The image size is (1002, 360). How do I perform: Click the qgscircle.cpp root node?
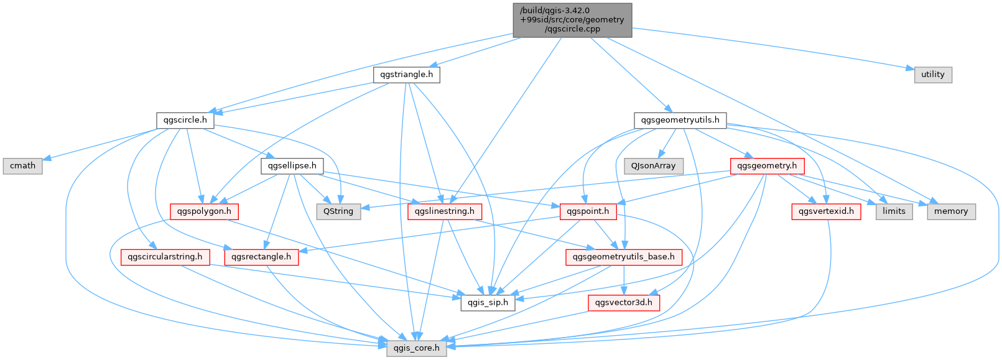pos(572,19)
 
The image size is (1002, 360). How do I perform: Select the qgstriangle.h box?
pos(407,75)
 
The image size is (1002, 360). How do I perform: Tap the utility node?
pos(932,75)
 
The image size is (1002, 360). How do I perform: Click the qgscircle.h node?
pos(185,120)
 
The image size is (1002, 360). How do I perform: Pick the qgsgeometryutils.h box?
pos(680,120)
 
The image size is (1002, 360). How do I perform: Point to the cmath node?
pos(22,166)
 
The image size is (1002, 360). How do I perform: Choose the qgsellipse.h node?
pos(292,166)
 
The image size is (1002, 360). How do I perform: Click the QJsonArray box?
pos(653,166)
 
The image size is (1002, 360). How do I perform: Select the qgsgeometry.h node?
pos(767,166)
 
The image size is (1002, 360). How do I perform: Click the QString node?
pos(338,211)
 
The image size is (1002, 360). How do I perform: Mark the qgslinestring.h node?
pos(441,211)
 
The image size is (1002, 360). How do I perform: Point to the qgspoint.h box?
pos(588,211)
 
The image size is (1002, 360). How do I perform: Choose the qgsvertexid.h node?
pos(826,211)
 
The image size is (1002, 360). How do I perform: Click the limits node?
pos(894,211)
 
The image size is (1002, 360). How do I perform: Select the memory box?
pos(951,211)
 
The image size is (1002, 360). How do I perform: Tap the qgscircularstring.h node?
pos(165,257)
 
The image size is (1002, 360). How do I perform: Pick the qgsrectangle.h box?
pos(261,257)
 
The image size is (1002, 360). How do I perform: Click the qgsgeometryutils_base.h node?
pos(624,257)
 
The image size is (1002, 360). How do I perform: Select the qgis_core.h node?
pos(415,348)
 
